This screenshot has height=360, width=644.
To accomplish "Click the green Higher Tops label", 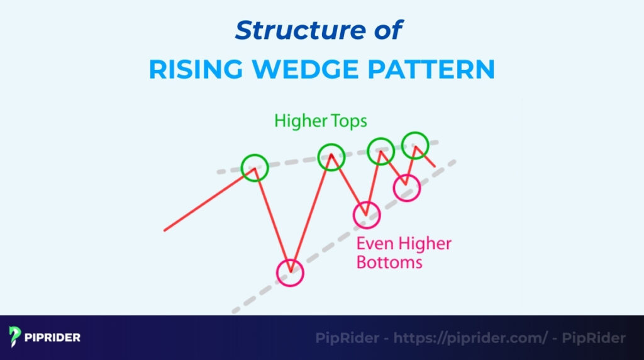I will pos(320,121).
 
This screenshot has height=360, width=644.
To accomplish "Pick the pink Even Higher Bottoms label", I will pos(404,252).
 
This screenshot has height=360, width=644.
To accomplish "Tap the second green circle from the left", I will pos(331,157).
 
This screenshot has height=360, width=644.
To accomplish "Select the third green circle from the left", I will pos(380,150).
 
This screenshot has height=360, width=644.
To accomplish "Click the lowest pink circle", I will pos(290,273).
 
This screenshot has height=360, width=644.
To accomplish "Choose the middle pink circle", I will pos(367,215).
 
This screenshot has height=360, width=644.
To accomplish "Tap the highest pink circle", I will pos(406,188).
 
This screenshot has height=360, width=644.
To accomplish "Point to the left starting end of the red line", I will pos(165,230).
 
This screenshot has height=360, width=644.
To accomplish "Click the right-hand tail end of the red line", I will pos(434,166).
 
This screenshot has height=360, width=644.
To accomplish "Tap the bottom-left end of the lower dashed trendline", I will pos(234,311).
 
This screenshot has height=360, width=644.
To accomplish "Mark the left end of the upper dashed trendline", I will pos(219,171).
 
